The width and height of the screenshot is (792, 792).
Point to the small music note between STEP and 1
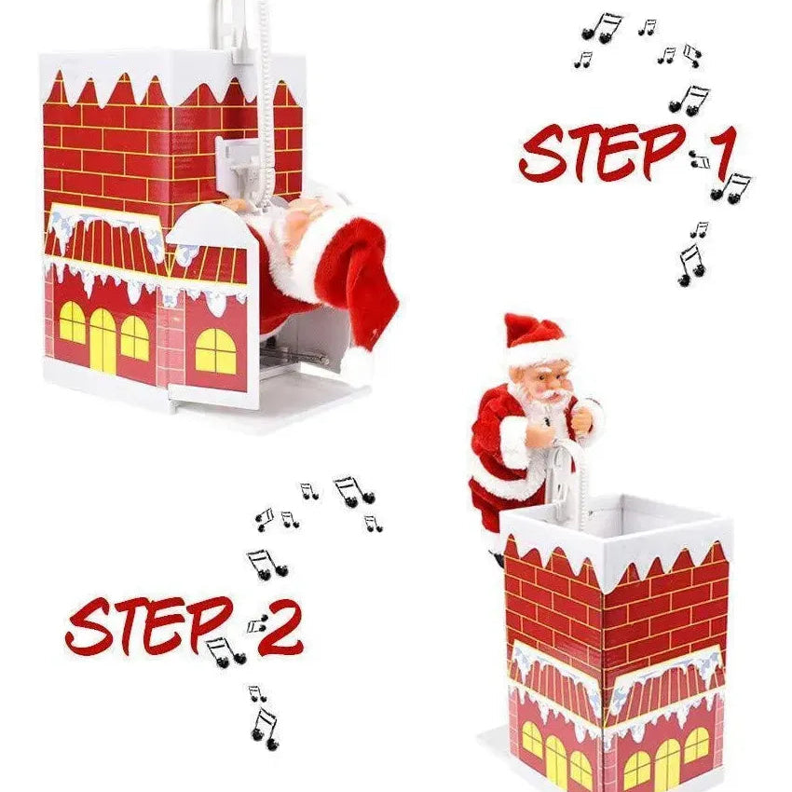click(x=699, y=160)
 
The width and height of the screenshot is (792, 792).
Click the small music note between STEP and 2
click(x=256, y=626)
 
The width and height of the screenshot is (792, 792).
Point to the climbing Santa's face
click(x=541, y=376)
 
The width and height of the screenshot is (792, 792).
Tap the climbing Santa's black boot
click(x=498, y=558)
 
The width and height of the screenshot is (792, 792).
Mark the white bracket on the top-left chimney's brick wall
click(x=238, y=163)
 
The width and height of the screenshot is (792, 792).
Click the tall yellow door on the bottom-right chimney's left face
click(x=556, y=759)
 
